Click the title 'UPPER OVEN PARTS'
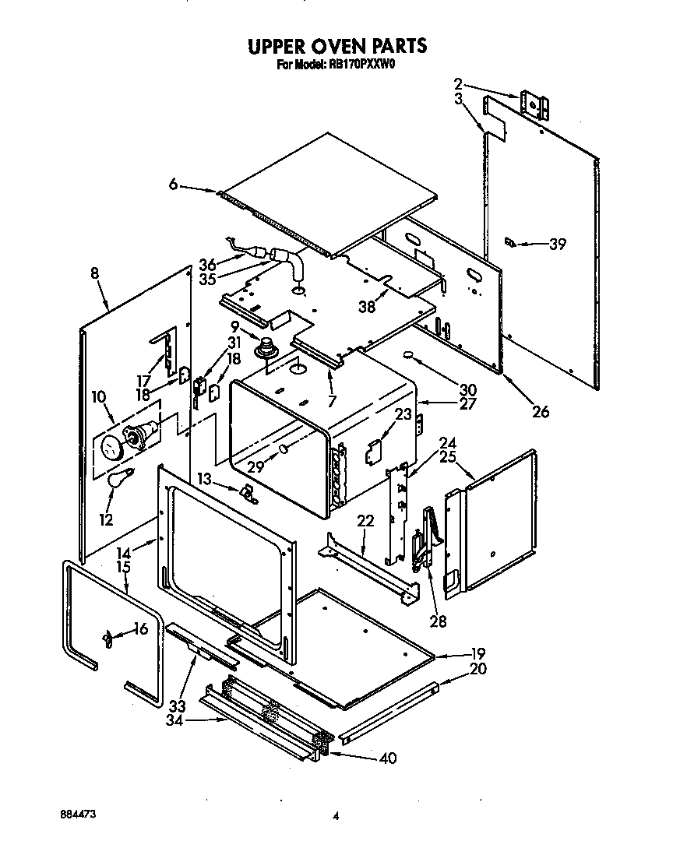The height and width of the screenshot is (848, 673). tap(337, 46)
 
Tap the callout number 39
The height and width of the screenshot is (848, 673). tap(557, 245)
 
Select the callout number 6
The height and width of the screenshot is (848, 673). tap(174, 185)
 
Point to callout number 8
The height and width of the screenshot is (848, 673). tap(94, 273)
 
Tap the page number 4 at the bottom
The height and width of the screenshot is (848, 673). tap(336, 816)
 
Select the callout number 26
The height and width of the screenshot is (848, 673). tap(540, 410)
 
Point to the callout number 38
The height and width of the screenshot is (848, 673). tap(366, 307)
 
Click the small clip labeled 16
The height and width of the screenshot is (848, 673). tap(104, 639)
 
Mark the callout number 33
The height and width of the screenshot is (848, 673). tap(178, 706)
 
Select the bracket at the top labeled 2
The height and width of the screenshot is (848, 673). tap(533, 104)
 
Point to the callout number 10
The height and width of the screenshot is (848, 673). tap(98, 397)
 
